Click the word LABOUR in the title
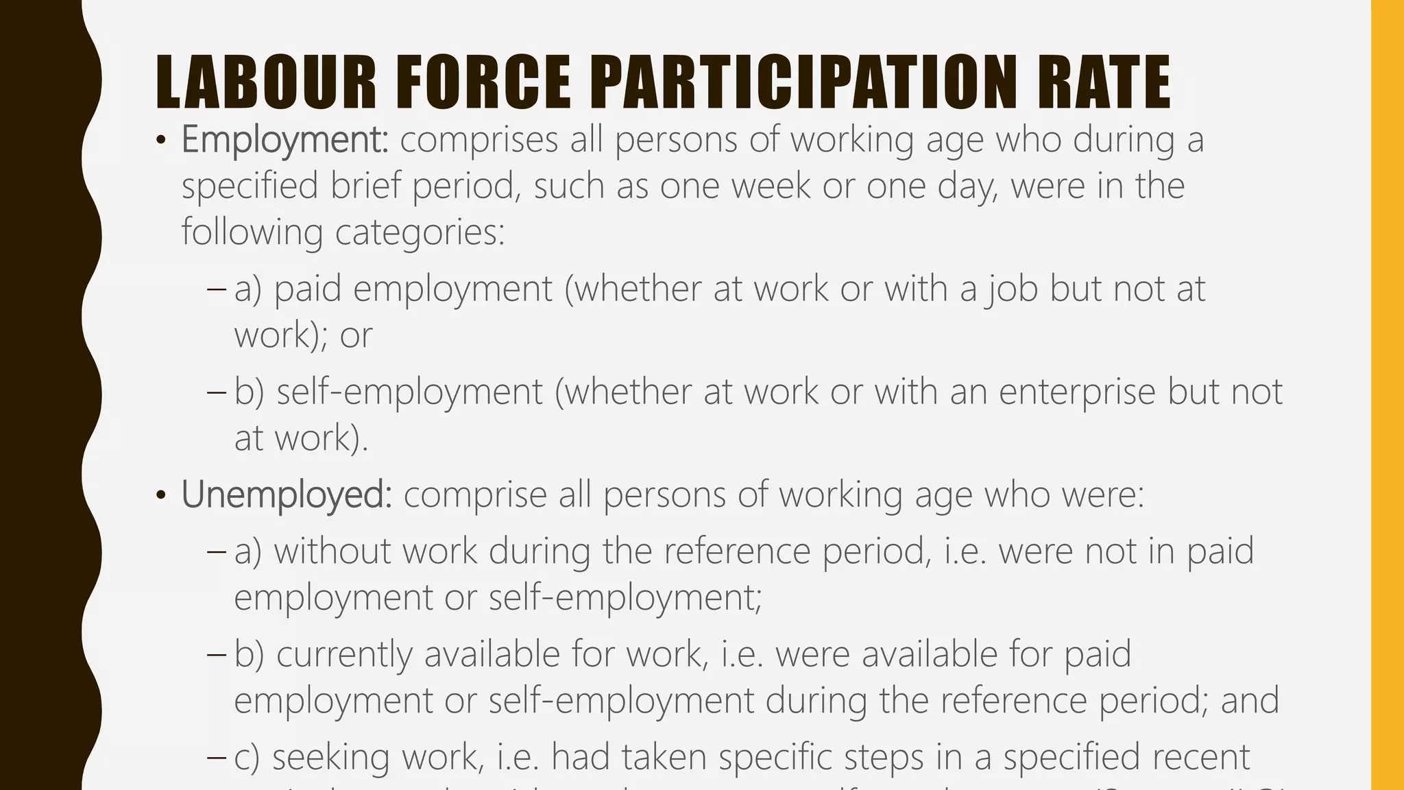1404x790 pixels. click(266, 82)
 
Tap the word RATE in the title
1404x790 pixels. click(1103, 82)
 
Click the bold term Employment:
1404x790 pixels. click(285, 140)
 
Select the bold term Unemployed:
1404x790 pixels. click(287, 494)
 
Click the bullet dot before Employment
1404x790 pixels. click(161, 141)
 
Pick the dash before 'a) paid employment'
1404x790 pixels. click(216, 289)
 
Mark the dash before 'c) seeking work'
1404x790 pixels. click(216, 758)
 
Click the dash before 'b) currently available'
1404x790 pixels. click(216, 655)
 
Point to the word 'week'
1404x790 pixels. click(771, 186)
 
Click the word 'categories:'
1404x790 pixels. click(420, 232)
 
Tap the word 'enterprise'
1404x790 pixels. click(1077, 392)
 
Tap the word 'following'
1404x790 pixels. click(252, 232)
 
